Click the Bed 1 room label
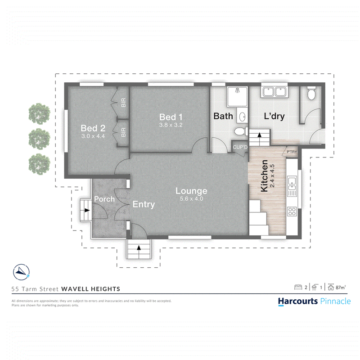[171, 117]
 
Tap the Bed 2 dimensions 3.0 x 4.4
[93, 136]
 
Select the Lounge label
[191, 191]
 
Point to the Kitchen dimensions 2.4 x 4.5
[272, 176]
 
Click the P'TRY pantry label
[292, 152]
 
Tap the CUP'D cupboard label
[240, 147]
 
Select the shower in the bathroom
[238, 97]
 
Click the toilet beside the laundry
[311, 93]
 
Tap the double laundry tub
[274, 92]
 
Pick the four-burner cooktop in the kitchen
[292, 211]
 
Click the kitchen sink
[292, 183]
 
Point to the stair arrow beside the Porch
[87, 210]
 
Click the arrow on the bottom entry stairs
[139, 248]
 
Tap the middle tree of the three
[39, 139]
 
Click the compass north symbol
[21, 272]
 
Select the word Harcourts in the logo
[298, 301]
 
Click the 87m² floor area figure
[341, 287]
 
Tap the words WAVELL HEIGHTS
[91, 289]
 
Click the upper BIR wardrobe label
[123, 103]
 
